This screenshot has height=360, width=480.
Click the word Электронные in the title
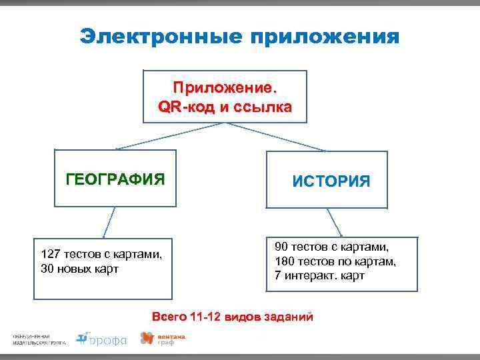point(159,36)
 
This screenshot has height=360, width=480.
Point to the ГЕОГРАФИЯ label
point(115,179)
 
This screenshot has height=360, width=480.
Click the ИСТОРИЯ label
point(331,181)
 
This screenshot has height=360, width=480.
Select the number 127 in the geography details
point(50,255)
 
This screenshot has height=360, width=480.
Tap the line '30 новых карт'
point(80,269)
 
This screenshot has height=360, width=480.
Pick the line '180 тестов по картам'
point(335,261)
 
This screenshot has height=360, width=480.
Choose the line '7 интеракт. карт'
point(319,276)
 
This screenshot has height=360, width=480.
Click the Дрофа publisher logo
point(101,339)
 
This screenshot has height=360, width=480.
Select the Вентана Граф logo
point(163,339)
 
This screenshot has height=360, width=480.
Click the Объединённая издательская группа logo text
point(39,339)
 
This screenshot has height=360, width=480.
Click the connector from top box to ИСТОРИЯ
point(280,137)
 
